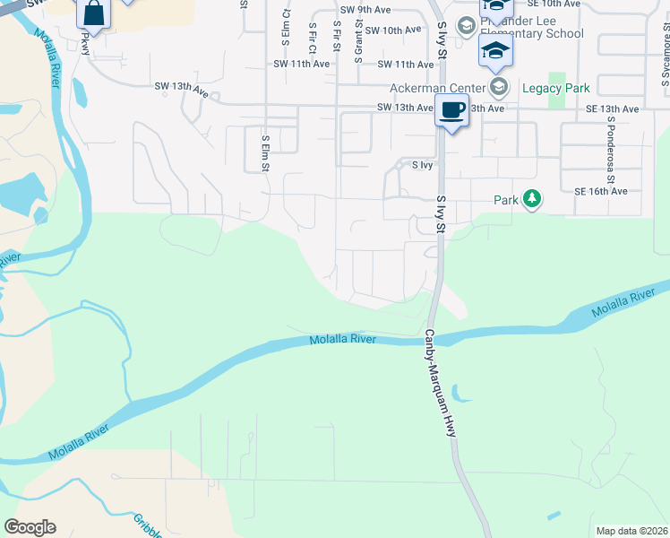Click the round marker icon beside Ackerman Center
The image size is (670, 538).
[x=499, y=88]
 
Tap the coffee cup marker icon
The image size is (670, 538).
[x=451, y=111]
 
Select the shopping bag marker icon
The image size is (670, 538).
[x=93, y=14]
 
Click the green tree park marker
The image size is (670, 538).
[x=532, y=198]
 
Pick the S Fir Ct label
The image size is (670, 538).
[x=312, y=37]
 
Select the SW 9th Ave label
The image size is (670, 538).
[x=374, y=11]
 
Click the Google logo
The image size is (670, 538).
[x=30, y=527]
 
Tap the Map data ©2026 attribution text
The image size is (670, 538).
[x=631, y=531]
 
